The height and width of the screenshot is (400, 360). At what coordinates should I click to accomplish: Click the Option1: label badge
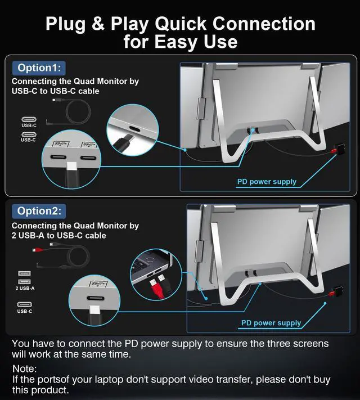pyautogui.click(x=39, y=68)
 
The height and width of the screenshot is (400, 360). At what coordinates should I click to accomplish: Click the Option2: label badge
pyautogui.click(x=39, y=212)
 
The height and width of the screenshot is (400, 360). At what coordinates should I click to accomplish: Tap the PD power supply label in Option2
pyautogui.click(x=271, y=323)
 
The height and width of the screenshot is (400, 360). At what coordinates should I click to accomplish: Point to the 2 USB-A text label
pyautogui.click(x=25, y=288)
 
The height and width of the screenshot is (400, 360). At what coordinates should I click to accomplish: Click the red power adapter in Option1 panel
pyautogui.click(x=338, y=151)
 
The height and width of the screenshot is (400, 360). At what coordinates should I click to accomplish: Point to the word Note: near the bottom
pyautogui.click(x=24, y=368)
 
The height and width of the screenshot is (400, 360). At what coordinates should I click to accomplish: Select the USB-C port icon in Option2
pyautogui.click(x=25, y=304)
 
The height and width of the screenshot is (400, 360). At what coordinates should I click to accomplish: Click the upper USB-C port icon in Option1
pyautogui.click(x=28, y=120)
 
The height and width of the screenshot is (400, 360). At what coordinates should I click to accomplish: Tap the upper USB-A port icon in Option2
pyautogui.click(x=25, y=273)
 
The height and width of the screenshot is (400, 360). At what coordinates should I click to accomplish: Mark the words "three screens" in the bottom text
pyautogui.click(x=299, y=343)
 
